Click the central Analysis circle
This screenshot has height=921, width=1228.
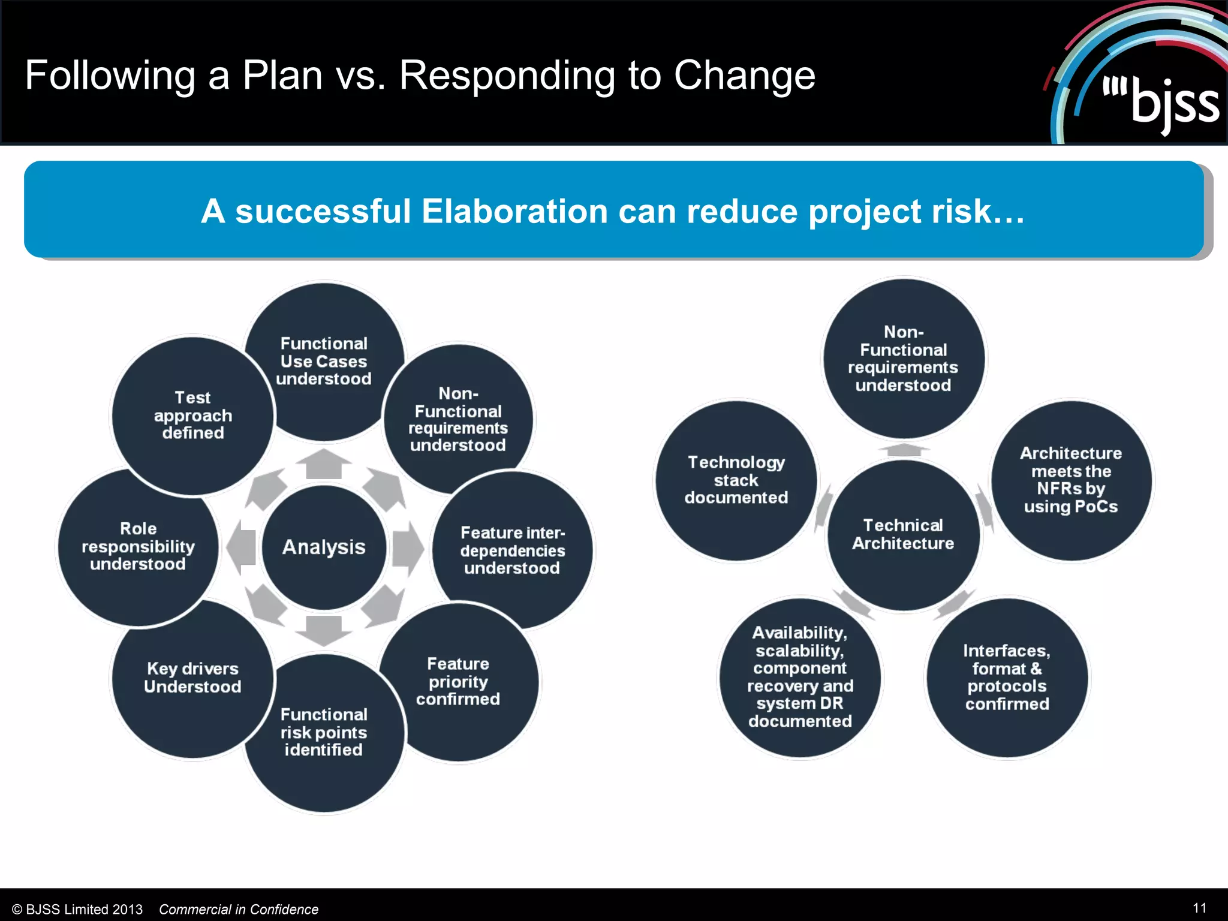click(x=324, y=547)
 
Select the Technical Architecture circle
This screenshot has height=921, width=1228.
click(x=903, y=534)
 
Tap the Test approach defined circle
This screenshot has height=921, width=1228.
click(x=192, y=416)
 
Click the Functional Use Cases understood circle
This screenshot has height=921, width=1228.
click(x=324, y=361)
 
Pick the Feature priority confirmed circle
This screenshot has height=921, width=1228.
click(x=458, y=682)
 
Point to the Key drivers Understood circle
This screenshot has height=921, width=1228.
click(x=192, y=678)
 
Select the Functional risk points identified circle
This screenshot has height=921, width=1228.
click(x=324, y=732)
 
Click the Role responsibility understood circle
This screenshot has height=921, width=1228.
click(x=138, y=546)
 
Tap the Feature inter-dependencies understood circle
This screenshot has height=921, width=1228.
click(x=513, y=550)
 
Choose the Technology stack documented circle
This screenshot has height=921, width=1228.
click(x=736, y=480)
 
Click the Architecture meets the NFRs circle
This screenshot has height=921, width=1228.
click(x=1071, y=480)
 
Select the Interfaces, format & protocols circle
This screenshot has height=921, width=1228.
click(x=1007, y=678)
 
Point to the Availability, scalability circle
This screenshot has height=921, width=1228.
click(x=800, y=678)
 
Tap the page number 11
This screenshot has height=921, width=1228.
click(x=1199, y=908)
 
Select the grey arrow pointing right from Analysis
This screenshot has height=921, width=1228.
click(x=408, y=548)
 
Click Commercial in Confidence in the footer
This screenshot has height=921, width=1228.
click(x=239, y=910)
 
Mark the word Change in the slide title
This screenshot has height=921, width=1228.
click(x=744, y=76)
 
